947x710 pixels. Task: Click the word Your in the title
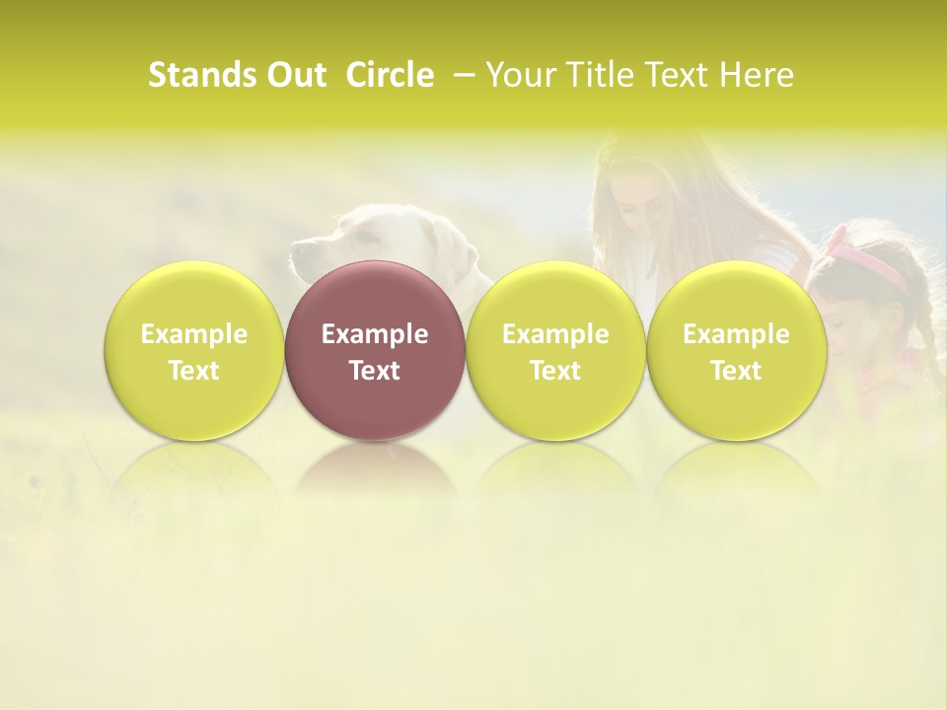click(x=518, y=75)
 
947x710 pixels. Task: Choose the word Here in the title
click(x=757, y=75)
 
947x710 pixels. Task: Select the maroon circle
click(x=374, y=350)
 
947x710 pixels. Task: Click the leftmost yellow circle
click(x=193, y=350)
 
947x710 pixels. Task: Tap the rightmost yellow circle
click(x=736, y=350)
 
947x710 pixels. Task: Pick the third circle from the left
click(x=555, y=350)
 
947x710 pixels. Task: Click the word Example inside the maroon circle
click(x=374, y=334)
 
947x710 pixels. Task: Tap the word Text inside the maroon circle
click(x=374, y=371)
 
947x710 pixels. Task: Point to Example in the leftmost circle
click(x=193, y=334)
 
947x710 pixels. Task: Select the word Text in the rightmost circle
click(x=736, y=371)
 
